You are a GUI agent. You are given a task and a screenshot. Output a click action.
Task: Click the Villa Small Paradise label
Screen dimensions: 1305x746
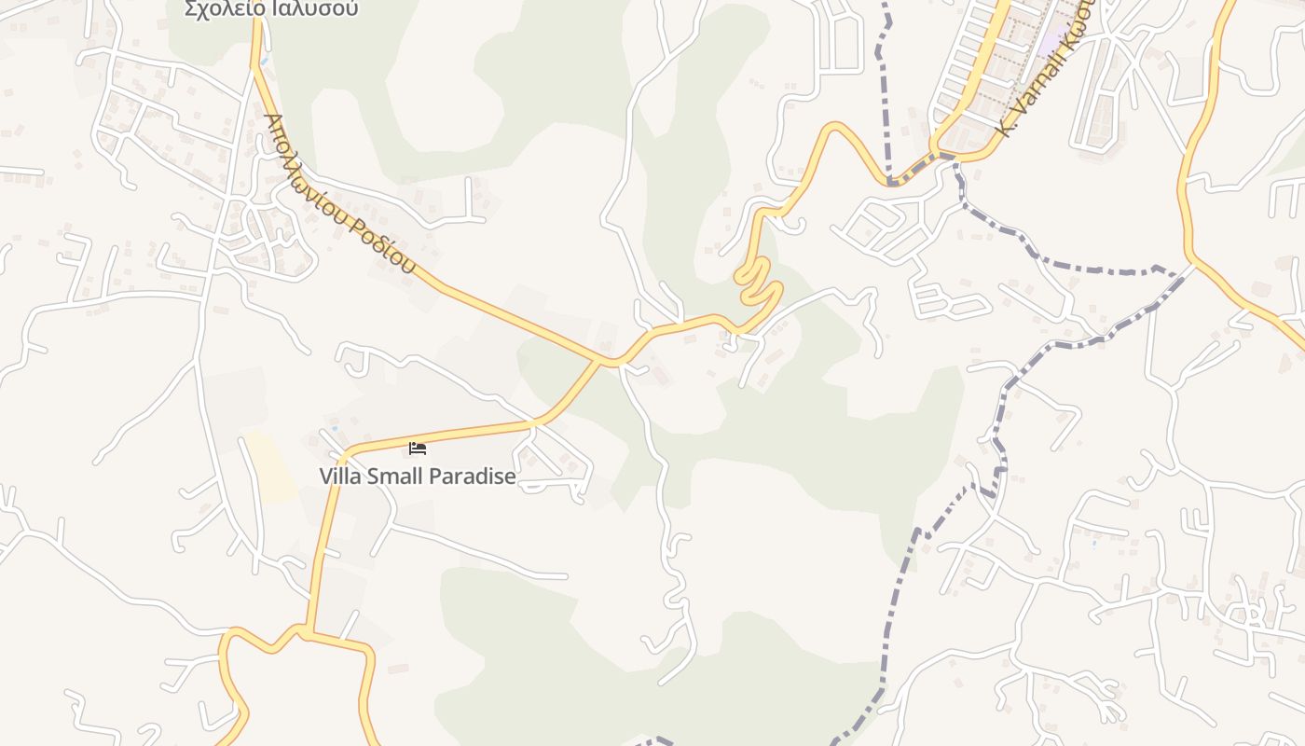[417, 477]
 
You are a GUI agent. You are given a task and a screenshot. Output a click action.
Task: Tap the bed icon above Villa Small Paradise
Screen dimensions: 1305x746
[418, 449]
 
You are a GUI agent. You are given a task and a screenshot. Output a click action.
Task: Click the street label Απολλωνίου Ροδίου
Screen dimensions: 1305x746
[340, 194]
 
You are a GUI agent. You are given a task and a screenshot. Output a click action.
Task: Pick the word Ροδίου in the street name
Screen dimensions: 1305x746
[384, 243]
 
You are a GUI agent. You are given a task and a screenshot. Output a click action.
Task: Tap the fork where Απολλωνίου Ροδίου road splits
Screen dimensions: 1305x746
[612, 361]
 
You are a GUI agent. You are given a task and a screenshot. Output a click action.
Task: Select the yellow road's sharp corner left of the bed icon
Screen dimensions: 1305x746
[344, 457]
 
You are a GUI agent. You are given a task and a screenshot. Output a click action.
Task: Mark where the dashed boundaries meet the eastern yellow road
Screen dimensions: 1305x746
[1192, 268]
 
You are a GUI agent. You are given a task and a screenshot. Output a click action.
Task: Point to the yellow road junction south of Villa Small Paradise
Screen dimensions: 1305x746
[304, 633]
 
